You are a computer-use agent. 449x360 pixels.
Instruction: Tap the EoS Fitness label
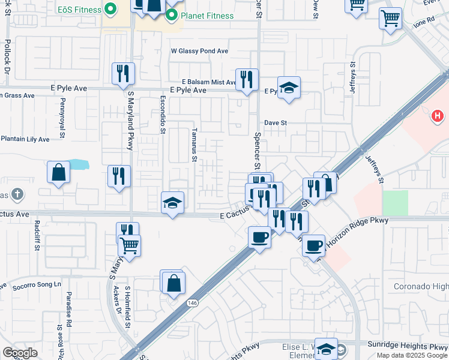pyautogui.click(x=78, y=10)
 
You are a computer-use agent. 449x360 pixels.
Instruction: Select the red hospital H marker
pyautogui.click(x=438, y=115)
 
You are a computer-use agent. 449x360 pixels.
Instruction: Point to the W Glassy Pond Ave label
pyautogui.click(x=200, y=52)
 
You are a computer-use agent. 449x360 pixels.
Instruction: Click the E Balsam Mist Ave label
pyautogui.click(x=209, y=82)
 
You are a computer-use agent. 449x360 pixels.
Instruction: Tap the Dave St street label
pyautogui.click(x=277, y=122)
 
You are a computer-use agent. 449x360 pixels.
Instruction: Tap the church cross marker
pyautogui.click(x=18, y=194)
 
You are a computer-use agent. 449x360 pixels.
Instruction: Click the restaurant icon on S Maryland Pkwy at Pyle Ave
pyautogui.click(x=123, y=74)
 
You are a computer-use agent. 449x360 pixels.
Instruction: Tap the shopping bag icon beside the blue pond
pyautogui.click(x=59, y=172)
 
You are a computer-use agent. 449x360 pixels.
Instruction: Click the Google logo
pyautogui.click(x=20, y=353)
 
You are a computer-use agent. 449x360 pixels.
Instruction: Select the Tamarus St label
pyautogui.click(x=194, y=145)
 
